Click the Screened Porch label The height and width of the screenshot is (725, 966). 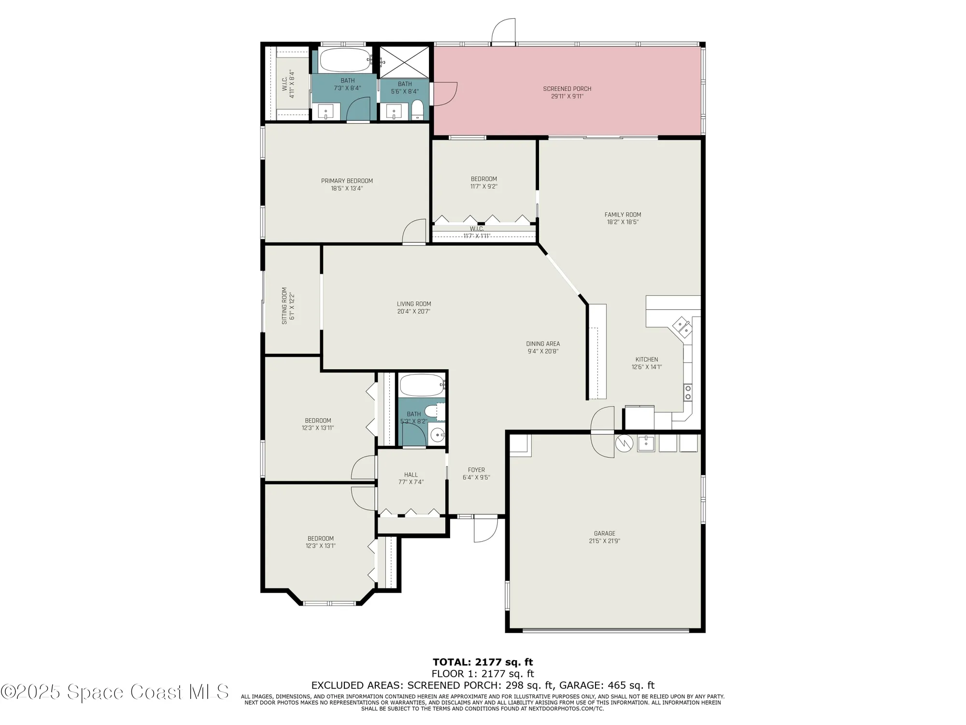pyautogui.click(x=567, y=89)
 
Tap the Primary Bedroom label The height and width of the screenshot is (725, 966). pyautogui.click(x=347, y=181)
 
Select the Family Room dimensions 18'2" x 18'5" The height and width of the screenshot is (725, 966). pyautogui.click(x=623, y=222)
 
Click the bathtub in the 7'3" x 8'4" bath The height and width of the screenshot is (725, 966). pyautogui.click(x=345, y=60)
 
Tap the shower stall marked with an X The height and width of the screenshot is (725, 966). pyautogui.click(x=404, y=62)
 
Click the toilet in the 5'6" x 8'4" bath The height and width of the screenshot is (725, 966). pyautogui.click(x=417, y=110)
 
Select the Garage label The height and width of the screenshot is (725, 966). pyautogui.click(x=604, y=534)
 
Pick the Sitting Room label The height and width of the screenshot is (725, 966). pyautogui.click(x=284, y=305)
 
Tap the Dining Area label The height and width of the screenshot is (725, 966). pyautogui.click(x=543, y=344)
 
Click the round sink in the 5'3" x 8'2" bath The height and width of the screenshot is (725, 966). pyautogui.click(x=438, y=435)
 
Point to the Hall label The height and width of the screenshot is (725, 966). pyautogui.click(x=411, y=475)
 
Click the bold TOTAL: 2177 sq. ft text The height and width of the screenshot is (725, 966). pyautogui.click(x=483, y=662)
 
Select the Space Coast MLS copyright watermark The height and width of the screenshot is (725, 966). pyautogui.click(x=114, y=692)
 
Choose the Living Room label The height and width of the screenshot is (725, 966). pyautogui.click(x=414, y=304)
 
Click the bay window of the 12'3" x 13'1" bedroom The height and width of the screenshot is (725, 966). pyautogui.click(x=330, y=603)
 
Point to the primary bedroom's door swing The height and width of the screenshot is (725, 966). pyautogui.click(x=414, y=232)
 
